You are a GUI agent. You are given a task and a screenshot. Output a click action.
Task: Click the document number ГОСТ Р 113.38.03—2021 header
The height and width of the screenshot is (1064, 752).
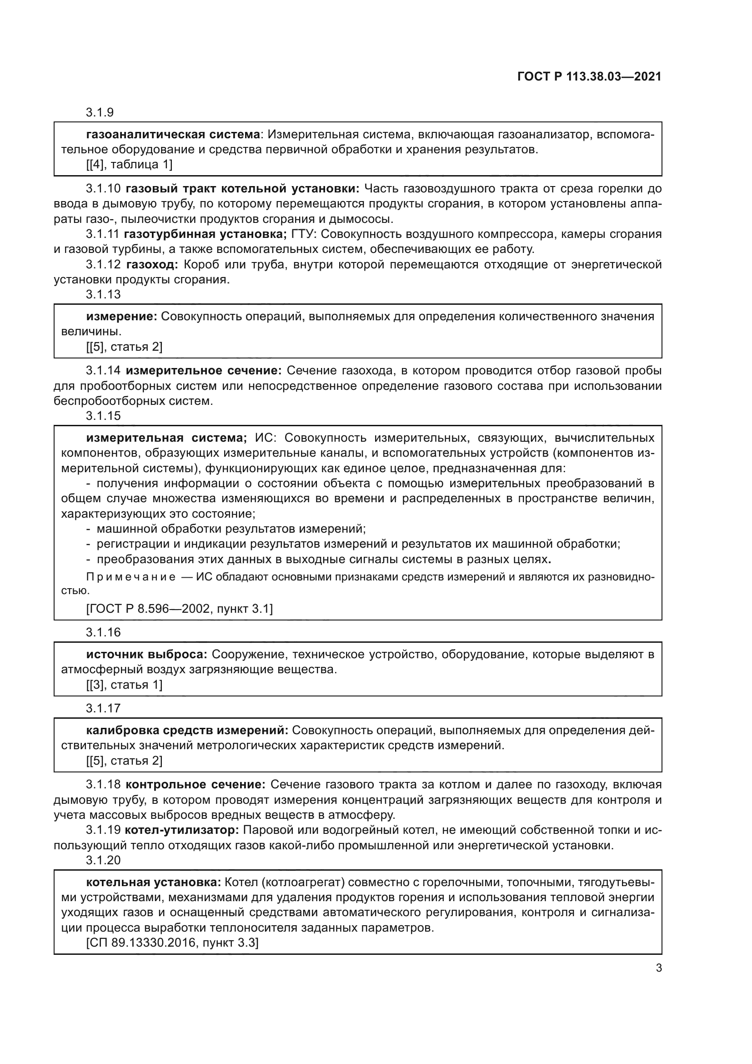click(589, 77)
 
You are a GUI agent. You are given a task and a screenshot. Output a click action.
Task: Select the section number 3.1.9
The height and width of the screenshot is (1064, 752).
click(100, 113)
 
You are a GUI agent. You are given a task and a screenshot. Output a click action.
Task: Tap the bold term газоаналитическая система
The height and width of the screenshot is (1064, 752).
click(173, 135)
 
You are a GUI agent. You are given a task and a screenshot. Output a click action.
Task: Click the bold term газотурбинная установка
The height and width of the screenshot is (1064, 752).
click(206, 234)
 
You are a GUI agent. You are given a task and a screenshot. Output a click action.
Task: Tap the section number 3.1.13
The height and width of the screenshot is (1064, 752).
click(103, 294)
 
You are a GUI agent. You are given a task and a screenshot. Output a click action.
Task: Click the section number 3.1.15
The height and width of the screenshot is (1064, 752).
click(103, 416)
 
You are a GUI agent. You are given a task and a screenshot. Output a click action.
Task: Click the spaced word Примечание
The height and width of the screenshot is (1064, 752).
click(131, 577)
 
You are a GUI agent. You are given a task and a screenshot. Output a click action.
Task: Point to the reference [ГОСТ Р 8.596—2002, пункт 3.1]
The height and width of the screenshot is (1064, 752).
click(179, 609)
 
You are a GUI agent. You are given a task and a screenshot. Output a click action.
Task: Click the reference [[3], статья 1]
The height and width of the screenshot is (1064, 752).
click(124, 685)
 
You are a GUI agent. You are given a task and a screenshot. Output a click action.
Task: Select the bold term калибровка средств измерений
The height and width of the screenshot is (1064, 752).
click(187, 731)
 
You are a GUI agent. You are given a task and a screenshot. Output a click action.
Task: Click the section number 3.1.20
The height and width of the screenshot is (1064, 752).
click(103, 860)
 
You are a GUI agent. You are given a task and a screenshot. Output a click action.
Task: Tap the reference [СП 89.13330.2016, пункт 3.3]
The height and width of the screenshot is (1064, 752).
click(172, 943)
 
